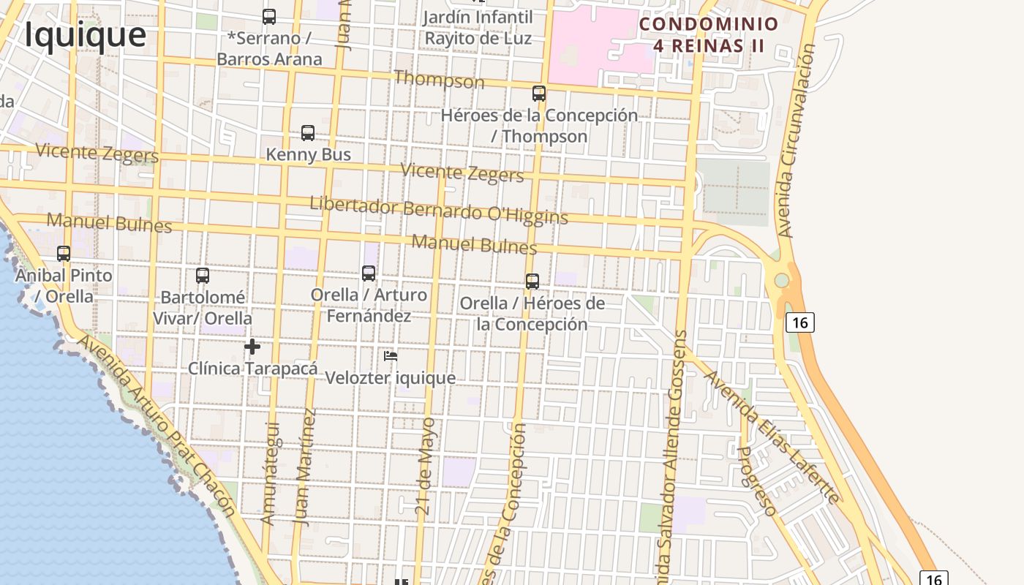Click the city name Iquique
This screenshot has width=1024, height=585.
click(x=85, y=34)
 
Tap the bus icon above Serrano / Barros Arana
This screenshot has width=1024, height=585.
click(x=269, y=16)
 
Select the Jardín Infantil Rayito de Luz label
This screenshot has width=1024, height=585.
click(x=478, y=27)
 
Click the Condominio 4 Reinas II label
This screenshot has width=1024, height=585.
click(x=709, y=35)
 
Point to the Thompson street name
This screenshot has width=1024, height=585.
click(x=439, y=79)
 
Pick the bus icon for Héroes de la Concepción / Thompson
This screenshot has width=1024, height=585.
click(x=539, y=94)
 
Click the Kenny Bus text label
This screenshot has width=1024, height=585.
click(x=308, y=154)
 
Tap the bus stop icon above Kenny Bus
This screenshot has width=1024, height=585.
click(x=308, y=133)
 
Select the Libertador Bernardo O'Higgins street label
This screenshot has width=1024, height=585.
click(x=439, y=209)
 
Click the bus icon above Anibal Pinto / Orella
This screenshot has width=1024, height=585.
click(x=64, y=254)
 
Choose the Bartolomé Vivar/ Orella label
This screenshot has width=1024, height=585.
click(x=203, y=308)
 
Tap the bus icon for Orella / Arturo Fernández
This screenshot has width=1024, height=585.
click(x=369, y=273)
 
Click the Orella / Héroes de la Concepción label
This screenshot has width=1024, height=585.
click(x=532, y=314)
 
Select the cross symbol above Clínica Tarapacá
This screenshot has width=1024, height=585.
click(x=252, y=347)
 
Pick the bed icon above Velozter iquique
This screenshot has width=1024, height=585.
click(x=391, y=356)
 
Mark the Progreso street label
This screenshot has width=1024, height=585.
click(x=756, y=480)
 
